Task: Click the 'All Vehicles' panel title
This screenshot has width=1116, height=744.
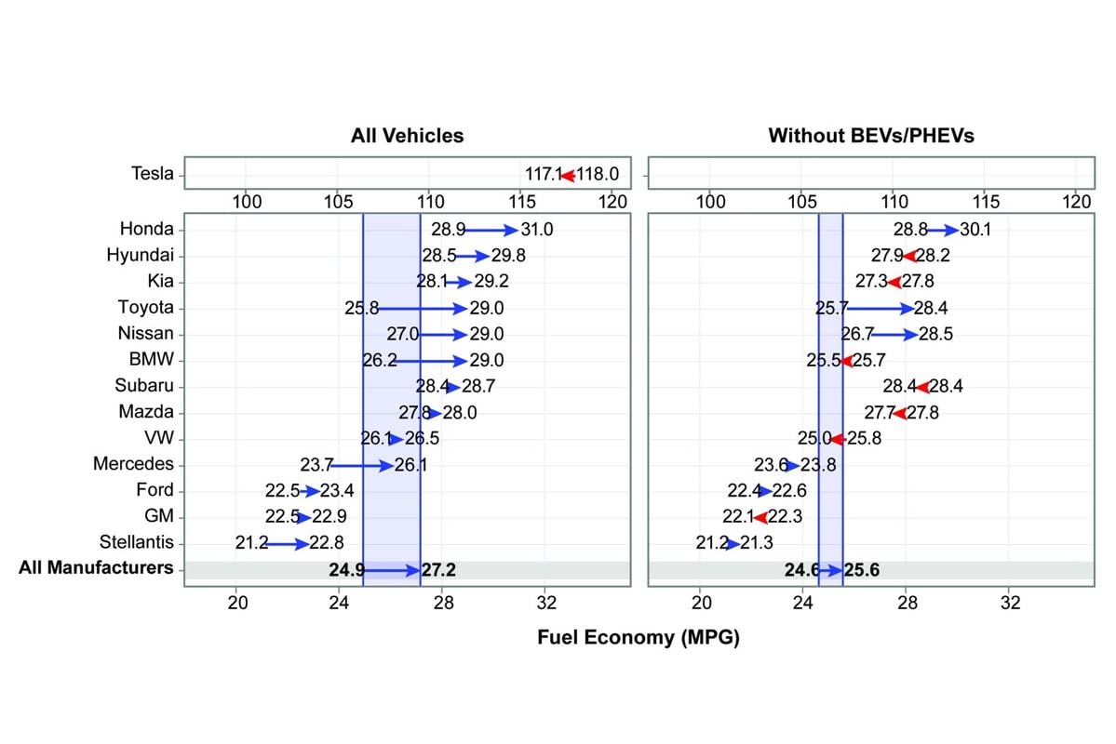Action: (x=407, y=136)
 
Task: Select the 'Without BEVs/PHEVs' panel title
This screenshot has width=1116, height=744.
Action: (x=870, y=136)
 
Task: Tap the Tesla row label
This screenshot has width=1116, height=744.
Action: (x=153, y=174)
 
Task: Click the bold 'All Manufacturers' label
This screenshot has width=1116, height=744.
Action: (x=96, y=567)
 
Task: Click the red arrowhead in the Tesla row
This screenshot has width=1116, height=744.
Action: (x=567, y=175)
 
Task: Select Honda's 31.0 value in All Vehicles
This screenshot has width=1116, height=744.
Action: (x=535, y=229)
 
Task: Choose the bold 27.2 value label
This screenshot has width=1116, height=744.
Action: (x=438, y=569)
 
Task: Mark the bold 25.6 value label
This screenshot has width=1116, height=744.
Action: (x=861, y=569)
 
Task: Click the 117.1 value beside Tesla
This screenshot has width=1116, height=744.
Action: (x=544, y=175)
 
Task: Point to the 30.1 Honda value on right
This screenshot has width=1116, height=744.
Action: (x=975, y=229)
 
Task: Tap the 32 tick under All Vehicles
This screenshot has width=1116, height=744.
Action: (x=545, y=602)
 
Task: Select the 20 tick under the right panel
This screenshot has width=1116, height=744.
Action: (x=702, y=602)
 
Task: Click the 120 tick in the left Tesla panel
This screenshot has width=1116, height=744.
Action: (x=612, y=200)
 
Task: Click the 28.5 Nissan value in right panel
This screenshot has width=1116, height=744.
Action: (x=935, y=334)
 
